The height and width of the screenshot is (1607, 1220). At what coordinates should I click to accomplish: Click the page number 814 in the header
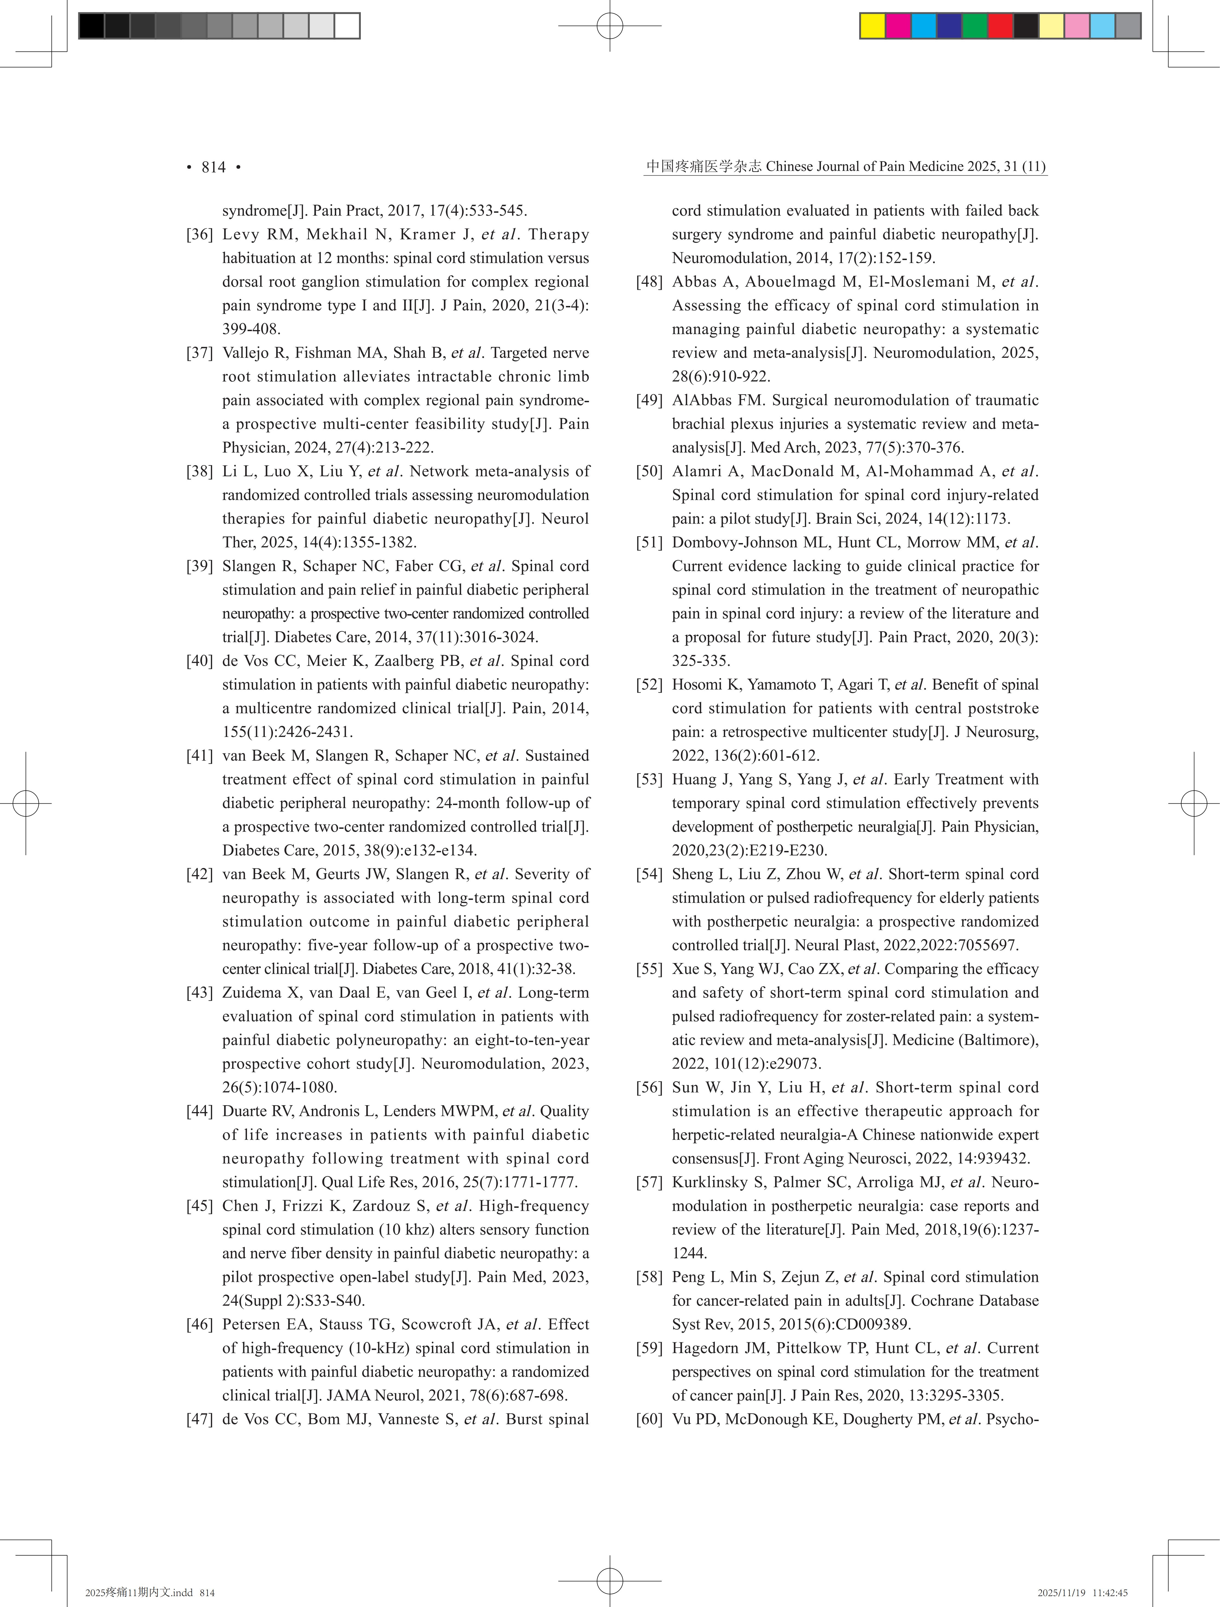pyautogui.click(x=214, y=167)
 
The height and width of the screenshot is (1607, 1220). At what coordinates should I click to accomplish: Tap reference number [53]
pyautogui.click(x=649, y=780)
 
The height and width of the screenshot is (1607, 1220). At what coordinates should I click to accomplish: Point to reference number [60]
pyautogui.click(x=649, y=1420)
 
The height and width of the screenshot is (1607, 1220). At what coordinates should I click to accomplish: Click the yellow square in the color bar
pyautogui.click(x=872, y=26)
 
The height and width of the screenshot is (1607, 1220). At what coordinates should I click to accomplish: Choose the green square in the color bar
pyautogui.click(x=974, y=26)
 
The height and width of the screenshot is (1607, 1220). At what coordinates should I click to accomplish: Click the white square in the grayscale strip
pyautogui.click(x=347, y=26)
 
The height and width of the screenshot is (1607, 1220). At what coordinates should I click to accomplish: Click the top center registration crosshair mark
pyautogui.click(x=610, y=26)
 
